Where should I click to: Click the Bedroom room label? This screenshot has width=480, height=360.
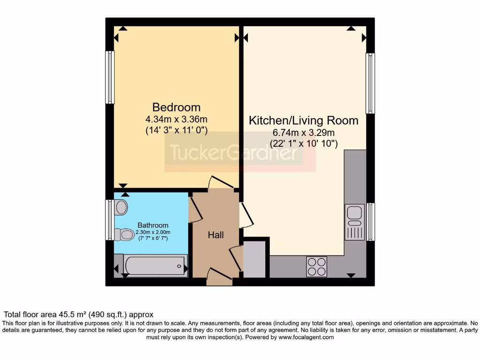[176, 107]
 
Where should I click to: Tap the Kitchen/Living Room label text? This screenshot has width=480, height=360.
[303, 120]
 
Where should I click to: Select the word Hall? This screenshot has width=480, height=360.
[216, 235]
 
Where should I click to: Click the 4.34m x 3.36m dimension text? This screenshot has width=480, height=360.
[176, 119]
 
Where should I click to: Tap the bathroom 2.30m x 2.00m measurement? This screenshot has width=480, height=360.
[153, 232]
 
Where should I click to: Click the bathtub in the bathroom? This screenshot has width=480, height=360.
[155, 266]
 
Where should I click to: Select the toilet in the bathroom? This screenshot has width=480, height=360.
[124, 234]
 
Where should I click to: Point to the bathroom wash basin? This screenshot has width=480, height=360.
[121, 207]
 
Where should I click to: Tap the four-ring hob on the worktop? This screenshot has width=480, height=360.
[316, 267]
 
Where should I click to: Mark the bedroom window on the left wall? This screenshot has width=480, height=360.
[110, 77]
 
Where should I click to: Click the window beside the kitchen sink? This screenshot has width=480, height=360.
[370, 221]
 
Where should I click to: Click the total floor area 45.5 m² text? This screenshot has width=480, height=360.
[79, 315]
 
